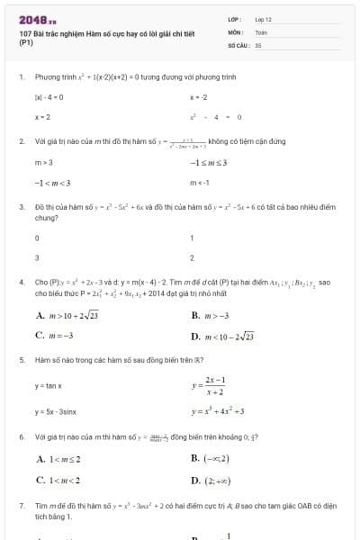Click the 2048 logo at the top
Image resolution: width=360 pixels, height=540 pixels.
(x=37, y=19)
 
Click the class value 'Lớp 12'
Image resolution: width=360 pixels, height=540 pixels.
(x=264, y=19)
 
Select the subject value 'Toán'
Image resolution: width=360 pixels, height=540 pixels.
(x=262, y=31)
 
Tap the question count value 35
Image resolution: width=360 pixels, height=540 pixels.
(x=258, y=43)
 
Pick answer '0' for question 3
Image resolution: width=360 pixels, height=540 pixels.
(x=37, y=238)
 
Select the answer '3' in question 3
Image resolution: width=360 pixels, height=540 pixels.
(x=37, y=258)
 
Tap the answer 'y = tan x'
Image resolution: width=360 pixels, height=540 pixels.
(x=48, y=385)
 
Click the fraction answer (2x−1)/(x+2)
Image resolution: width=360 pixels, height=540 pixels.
(x=213, y=386)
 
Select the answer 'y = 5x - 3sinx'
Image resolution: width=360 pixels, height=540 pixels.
(x=56, y=411)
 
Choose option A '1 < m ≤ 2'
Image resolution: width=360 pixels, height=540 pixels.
(x=60, y=460)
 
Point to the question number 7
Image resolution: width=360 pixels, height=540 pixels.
(x=21, y=506)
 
